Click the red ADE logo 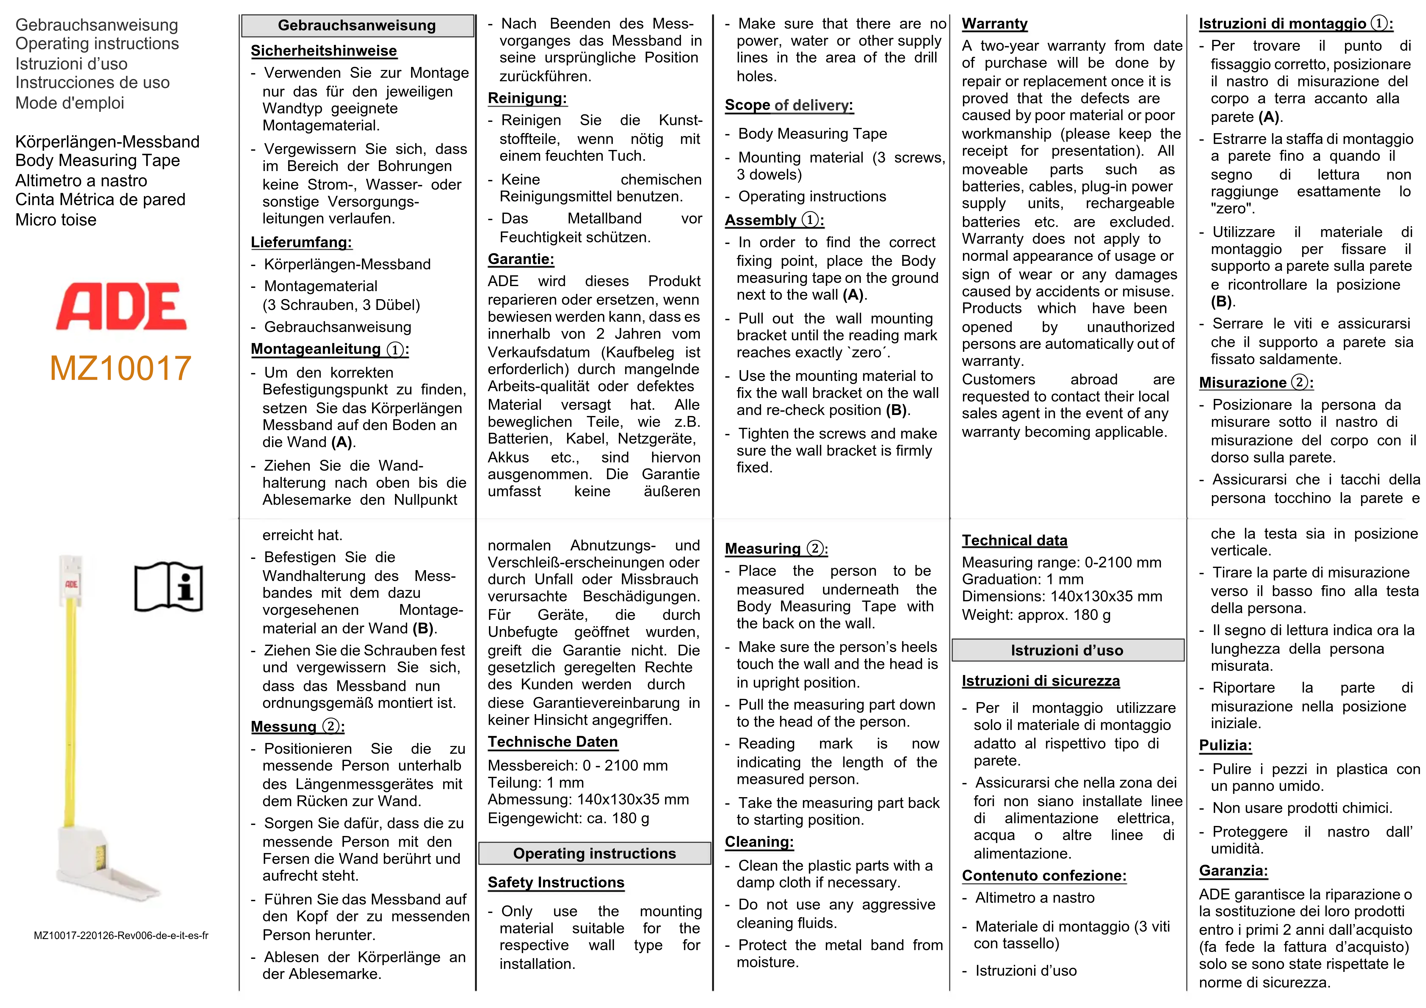tap(121, 306)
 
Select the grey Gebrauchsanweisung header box tap(357, 26)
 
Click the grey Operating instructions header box tap(594, 853)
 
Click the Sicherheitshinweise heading tap(324, 51)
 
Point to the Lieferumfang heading tap(301, 242)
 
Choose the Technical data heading tap(1014, 540)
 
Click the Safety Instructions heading tap(556, 883)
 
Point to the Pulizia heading tap(1225, 745)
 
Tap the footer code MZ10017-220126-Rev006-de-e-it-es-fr tap(121, 935)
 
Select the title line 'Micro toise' tap(56, 220)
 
